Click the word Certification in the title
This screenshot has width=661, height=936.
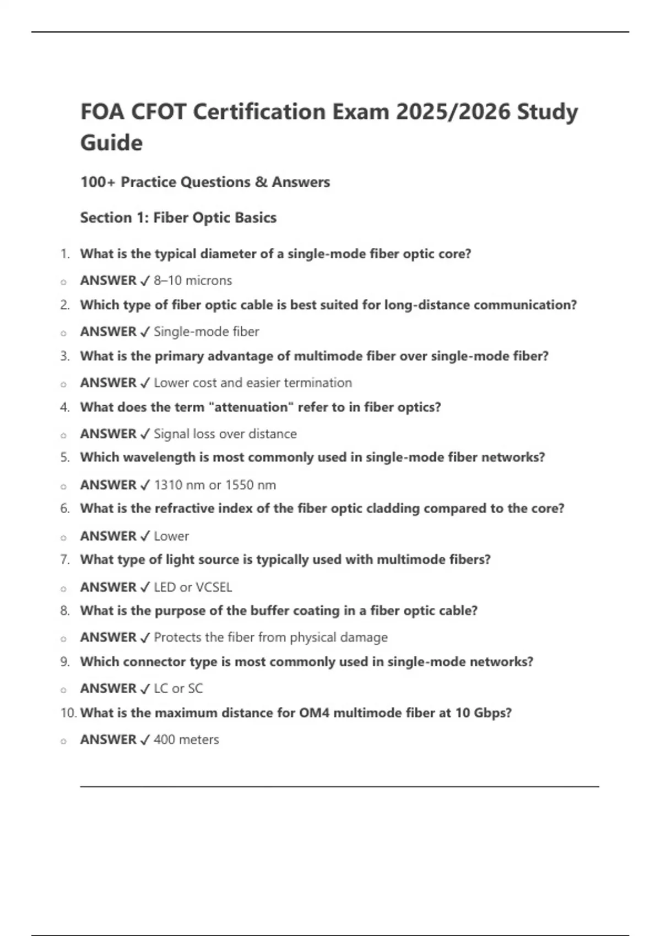[258, 112]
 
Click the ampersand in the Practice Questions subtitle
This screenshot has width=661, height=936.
[261, 182]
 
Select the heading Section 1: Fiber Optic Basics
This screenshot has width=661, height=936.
[178, 217]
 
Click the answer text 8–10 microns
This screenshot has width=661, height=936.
[193, 280]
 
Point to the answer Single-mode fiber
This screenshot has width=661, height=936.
[206, 331]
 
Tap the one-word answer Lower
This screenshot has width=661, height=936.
[171, 536]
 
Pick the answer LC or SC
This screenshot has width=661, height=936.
[178, 688]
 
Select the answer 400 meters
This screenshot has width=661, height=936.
[186, 739]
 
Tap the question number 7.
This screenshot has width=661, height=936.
[65, 559]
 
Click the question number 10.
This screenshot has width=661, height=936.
[68, 712]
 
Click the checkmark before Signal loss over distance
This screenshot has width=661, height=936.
[145, 434]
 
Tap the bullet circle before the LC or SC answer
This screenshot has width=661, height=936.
[63, 689]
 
